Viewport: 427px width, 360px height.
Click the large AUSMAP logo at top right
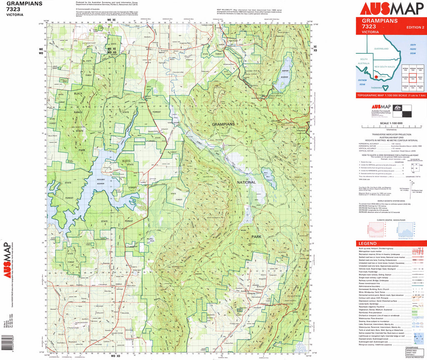click(x=389, y=9)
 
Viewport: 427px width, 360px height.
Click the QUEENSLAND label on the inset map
click(x=381, y=49)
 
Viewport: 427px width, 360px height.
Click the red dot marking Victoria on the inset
click(x=377, y=77)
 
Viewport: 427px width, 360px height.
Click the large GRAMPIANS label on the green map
click(x=223, y=124)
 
